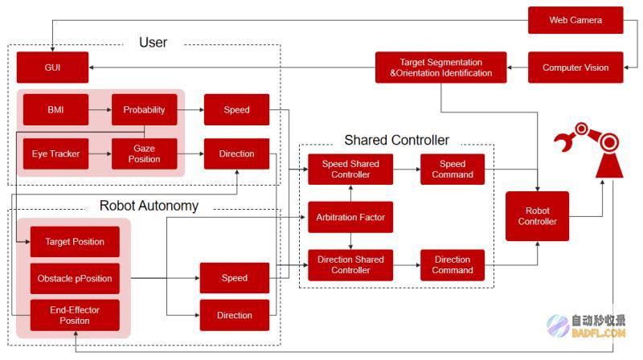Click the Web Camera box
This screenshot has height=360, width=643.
[575, 20]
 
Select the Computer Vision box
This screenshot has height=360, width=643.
[575, 67]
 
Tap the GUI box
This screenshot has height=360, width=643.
[52, 67]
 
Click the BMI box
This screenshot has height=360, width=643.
[55, 109]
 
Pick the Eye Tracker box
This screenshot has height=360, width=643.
[55, 153]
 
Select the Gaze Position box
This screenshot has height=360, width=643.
[145, 153]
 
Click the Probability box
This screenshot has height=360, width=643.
[145, 109]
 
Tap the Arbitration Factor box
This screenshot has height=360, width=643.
[350, 217]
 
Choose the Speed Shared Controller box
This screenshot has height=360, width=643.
[350, 170]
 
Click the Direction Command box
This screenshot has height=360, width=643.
[453, 265]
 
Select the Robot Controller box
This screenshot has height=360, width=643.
[537, 216]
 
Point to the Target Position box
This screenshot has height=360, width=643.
[75, 242]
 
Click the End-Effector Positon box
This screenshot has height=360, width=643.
[75, 315]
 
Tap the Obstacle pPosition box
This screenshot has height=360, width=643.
[75, 278]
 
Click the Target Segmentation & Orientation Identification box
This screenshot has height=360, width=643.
[440, 67]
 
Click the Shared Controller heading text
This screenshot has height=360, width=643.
[396, 141]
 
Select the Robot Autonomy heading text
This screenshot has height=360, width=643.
[149, 206]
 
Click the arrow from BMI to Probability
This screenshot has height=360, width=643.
[100, 109]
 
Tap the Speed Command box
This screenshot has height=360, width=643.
[453, 170]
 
